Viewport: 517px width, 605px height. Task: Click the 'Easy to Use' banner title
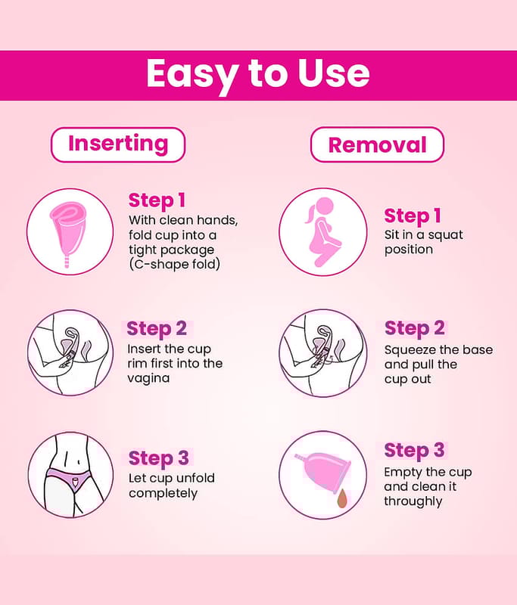coord(258,74)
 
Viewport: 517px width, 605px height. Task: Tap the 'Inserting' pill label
coord(118,144)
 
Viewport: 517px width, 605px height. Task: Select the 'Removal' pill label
coord(377,144)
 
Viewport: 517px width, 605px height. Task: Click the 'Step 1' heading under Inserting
coord(157,200)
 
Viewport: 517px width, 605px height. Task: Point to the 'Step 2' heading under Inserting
coord(157,329)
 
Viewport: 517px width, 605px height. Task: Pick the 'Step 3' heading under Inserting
coord(158,458)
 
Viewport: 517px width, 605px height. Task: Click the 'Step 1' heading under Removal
coord(413,216)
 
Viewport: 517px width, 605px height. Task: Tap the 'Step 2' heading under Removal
coord(414,328)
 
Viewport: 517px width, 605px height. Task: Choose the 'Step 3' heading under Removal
coord(414,450)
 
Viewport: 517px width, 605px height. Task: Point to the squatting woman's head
coord(324,206)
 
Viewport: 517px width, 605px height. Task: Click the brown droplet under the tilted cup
coord(342,499)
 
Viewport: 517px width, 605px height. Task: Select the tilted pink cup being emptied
coord(323,472)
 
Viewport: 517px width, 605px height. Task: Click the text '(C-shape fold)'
coord(175,265)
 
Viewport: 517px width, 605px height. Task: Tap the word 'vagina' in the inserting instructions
coord(148,379)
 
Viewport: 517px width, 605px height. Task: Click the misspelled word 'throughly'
coord(413,501)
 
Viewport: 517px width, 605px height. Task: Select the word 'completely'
coord(163,494)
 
